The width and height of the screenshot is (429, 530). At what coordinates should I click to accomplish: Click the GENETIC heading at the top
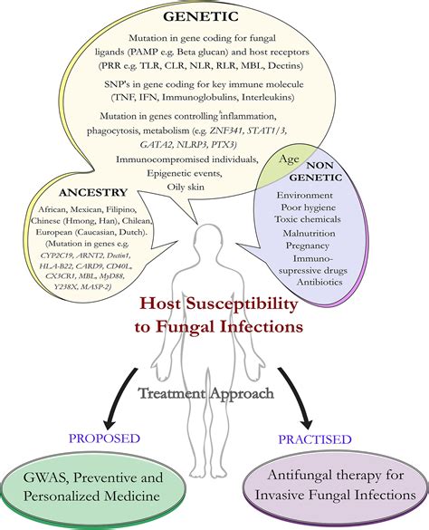201,16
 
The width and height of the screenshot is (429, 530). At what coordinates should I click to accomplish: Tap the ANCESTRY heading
93,192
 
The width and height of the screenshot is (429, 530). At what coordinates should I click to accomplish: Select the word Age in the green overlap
289,159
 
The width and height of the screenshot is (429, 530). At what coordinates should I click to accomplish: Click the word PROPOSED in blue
104,438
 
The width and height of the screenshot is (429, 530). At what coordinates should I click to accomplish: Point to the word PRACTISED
315,439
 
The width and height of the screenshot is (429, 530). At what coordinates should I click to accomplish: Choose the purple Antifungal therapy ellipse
336,486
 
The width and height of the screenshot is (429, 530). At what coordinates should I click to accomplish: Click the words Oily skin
186,187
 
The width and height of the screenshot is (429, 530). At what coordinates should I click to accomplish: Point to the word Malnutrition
309,233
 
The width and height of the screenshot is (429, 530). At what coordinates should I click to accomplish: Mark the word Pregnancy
308,246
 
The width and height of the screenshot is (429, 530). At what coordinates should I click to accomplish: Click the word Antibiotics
319,282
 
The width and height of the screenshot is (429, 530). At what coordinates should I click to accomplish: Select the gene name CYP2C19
57,255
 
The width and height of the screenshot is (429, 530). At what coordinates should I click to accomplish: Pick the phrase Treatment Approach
206,393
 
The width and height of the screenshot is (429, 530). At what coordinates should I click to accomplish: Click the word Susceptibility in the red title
241,304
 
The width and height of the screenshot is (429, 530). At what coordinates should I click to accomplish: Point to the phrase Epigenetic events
185,173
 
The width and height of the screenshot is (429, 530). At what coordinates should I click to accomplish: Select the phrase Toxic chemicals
308,219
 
